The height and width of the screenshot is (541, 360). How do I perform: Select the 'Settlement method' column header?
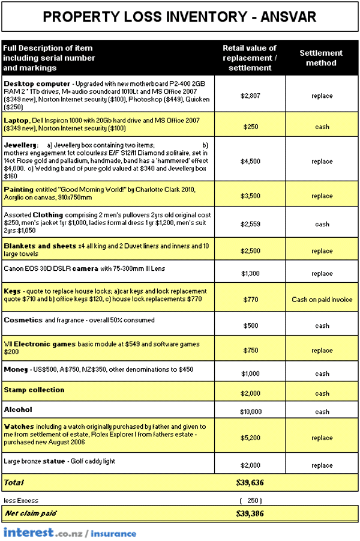(322, 58)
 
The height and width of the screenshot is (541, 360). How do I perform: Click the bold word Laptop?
(16, 121)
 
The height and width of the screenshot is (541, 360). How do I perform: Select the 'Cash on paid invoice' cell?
(322, 299)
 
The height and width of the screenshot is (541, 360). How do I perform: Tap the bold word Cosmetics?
(23, 320)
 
